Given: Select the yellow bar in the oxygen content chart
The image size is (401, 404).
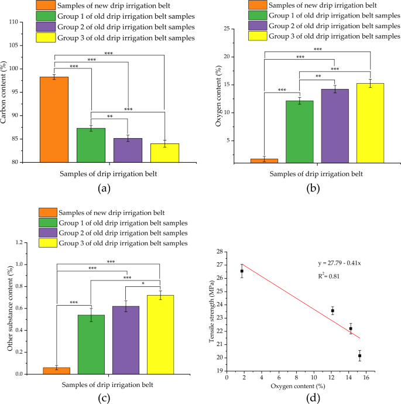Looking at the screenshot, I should (370, 122).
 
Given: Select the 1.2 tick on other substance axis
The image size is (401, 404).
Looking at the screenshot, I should (21, 242).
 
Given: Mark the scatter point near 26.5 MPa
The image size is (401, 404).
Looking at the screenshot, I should (242, 271).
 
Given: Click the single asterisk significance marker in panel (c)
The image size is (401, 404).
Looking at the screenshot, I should (143, 284).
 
